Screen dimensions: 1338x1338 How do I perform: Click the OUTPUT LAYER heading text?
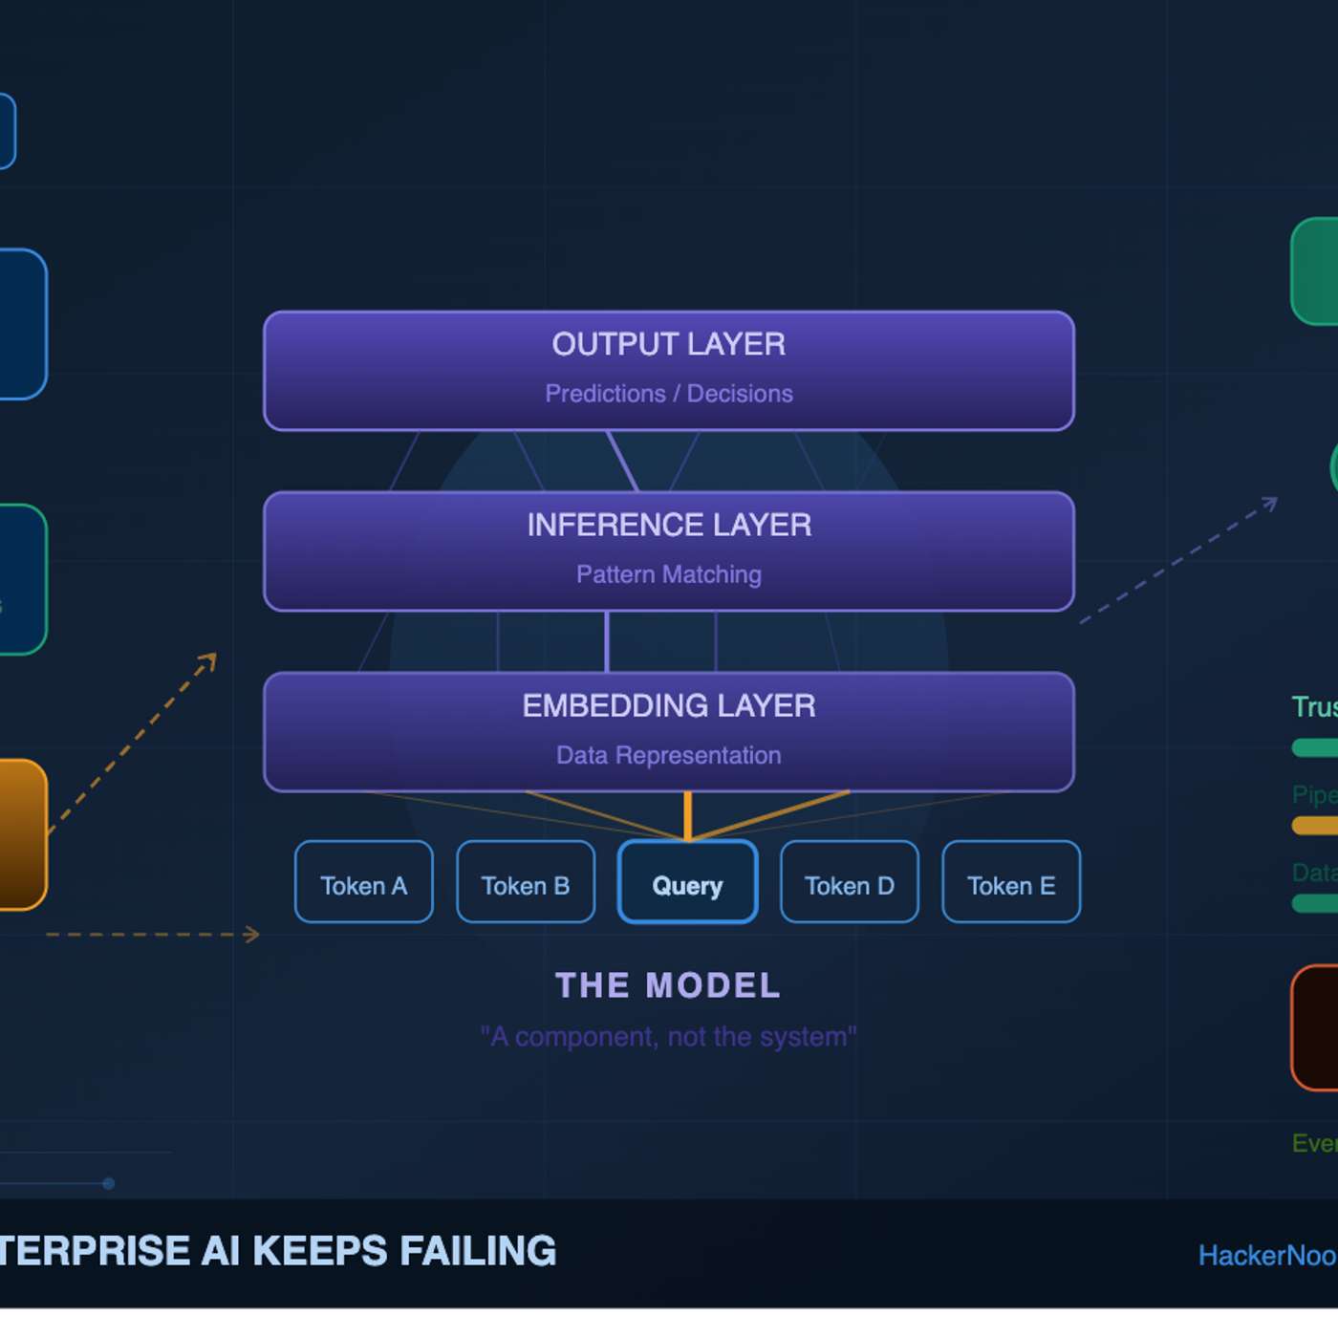668,344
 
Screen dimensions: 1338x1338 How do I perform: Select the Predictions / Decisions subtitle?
668,394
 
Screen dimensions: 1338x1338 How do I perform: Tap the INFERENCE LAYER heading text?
668,525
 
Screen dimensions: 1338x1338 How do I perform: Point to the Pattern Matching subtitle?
668,574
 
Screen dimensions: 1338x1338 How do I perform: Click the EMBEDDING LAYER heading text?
668,705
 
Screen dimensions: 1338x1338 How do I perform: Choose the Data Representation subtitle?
668,755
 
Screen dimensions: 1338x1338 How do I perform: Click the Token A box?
363,882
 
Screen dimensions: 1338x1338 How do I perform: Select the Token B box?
526,882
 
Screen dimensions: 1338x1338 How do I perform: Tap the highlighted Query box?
687,882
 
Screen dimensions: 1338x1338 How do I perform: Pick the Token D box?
850,882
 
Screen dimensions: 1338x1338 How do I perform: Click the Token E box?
1011,882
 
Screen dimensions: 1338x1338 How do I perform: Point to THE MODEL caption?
668,985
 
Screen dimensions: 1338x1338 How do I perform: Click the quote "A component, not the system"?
668,1037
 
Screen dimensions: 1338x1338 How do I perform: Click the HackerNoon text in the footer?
1266,1255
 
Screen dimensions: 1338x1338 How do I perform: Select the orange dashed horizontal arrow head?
253,934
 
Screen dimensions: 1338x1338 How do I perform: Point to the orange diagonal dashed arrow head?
210,659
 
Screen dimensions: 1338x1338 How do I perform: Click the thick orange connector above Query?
687,815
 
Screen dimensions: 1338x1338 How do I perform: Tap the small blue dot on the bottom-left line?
108,1183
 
